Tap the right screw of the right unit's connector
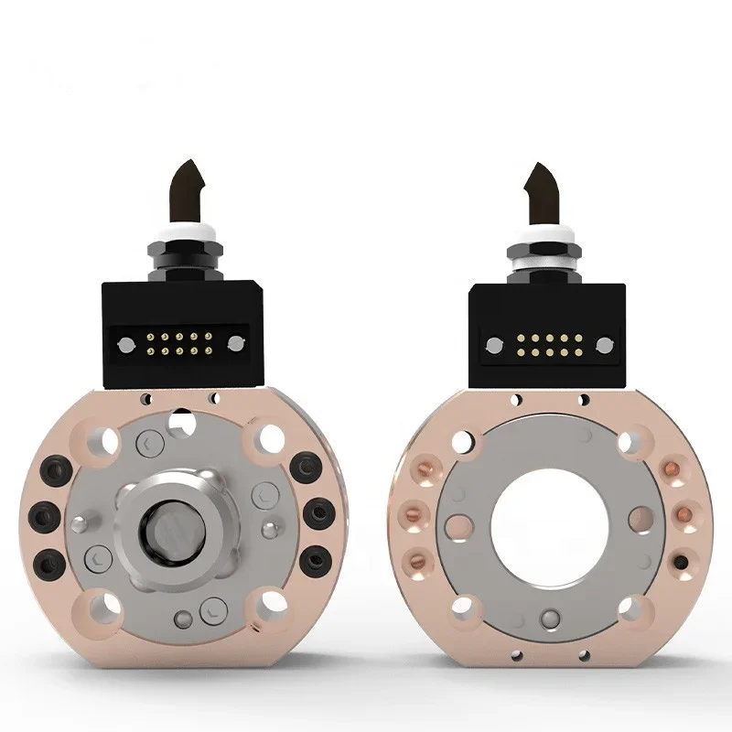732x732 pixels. click(604, 345)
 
